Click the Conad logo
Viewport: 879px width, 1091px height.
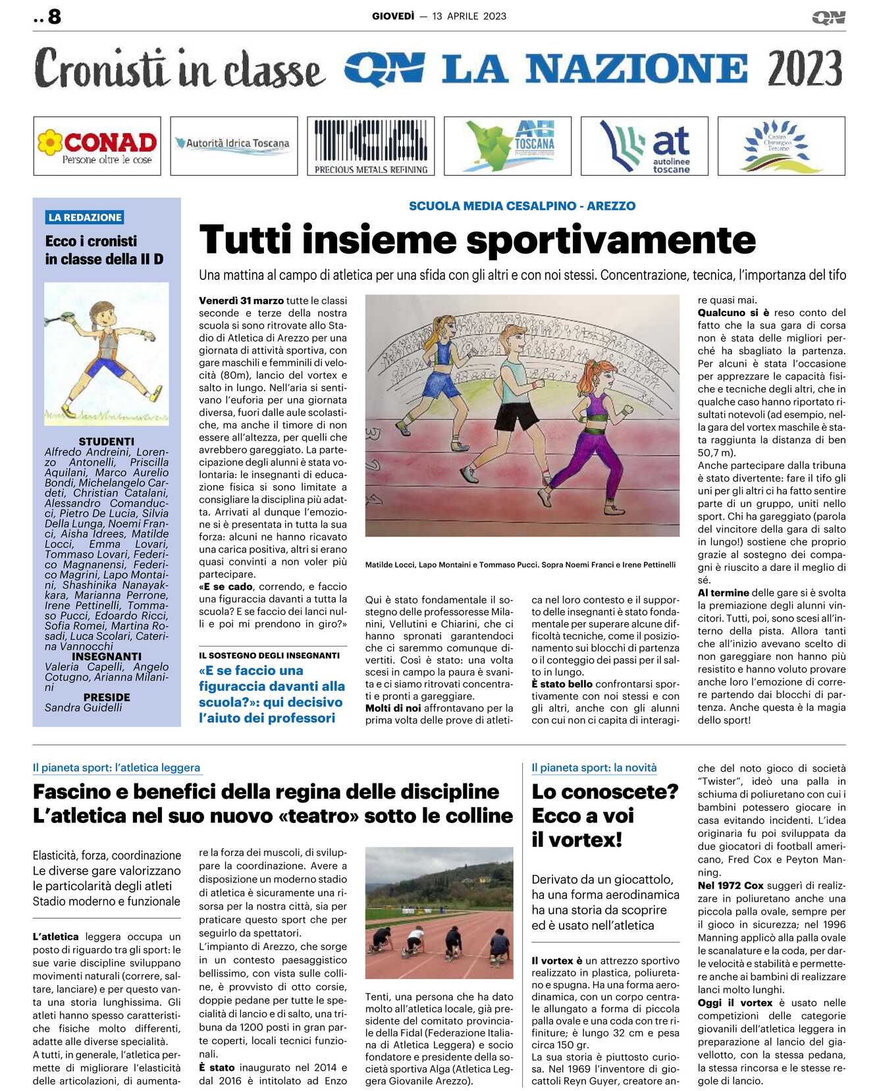(x=97, y=146)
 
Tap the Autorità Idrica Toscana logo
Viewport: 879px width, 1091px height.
(x=234, y=144)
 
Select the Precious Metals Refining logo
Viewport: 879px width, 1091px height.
(x=371, y=146)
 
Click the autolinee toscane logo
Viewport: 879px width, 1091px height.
(x=645, y=146)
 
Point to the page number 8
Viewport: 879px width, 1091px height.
(x=54, y=16)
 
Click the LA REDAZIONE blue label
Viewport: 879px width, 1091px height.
(x=85, y=217)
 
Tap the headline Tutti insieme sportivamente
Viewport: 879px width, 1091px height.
(x=477, y=240)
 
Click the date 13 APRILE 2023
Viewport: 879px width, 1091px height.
(x=469, y=16)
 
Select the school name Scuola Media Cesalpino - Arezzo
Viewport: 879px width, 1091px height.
(x=522, y=206)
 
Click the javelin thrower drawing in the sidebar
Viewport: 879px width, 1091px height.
(x=107, y=354)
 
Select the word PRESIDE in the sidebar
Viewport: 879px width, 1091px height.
(x=107, y=697)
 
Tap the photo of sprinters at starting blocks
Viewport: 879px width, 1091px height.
(x=439, y=913)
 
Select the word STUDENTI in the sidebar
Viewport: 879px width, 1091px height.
(x=107, y=442)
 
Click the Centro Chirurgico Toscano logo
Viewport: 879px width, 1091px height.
(x=781, y=146)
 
